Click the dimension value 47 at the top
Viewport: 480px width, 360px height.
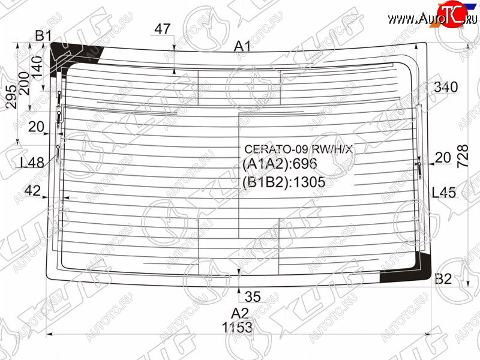point(162,29)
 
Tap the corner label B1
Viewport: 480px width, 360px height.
point(43,36)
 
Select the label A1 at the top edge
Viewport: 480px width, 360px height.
point(242,47)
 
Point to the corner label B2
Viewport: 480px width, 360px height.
point(443,279)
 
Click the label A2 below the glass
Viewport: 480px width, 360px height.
point(240,313)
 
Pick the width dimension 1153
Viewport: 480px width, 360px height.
point(238,328)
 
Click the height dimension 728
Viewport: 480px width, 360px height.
point(463,156)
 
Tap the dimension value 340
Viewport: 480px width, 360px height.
point(446,87)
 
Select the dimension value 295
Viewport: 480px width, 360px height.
point(12,97)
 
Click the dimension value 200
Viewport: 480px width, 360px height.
point(25,83)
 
